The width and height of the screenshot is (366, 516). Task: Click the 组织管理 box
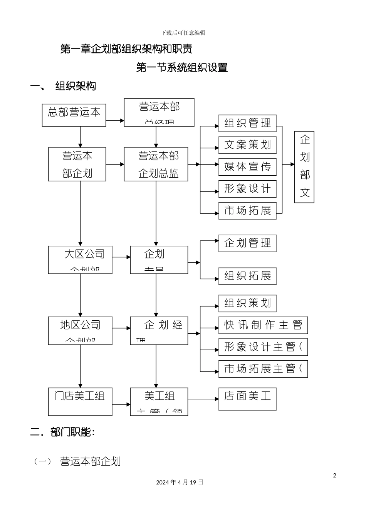tap(247, 123)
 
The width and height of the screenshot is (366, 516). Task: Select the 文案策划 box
tap(247, 145)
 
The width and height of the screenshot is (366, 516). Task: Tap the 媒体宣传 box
tap(247, 167)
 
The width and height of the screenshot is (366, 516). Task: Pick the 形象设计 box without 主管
tap(247, 189)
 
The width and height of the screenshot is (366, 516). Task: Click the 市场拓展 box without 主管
tap(247, 211)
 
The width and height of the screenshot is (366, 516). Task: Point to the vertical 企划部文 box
tap(304, 167)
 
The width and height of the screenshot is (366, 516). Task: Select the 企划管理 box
tap(247, 244)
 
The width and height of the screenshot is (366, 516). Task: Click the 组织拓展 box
tap(247, 276)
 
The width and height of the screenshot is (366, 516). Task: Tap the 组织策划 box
tap(247, 303)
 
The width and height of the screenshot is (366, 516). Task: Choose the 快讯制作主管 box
tap(263, 325)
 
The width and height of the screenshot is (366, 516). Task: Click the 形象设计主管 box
tap(263, 347)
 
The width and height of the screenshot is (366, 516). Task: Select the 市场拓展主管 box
tap(263, 369)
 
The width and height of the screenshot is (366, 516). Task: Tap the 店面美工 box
tap(247, 399)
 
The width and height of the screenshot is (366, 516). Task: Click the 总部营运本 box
tap(74, 115)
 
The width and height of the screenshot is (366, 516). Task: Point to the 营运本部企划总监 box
tap(156, 164)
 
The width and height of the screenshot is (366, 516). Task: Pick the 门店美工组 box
tap(80, 402)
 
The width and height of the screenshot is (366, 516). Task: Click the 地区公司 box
tap(80, 331)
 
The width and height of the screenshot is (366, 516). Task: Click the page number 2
tap(334, 475)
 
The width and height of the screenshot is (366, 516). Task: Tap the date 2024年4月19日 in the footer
tap(180, 482)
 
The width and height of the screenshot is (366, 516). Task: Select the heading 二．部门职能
tap(62, 432)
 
